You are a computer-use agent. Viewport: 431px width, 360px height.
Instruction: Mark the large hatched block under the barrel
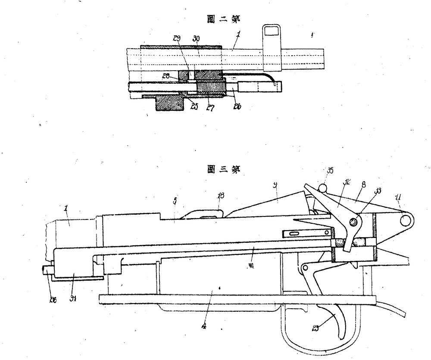click(x=169, y=104)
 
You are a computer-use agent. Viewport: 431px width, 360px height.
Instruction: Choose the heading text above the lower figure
click(x=223, y=169)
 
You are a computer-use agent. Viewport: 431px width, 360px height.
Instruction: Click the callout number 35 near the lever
click(x=330, y=170)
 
